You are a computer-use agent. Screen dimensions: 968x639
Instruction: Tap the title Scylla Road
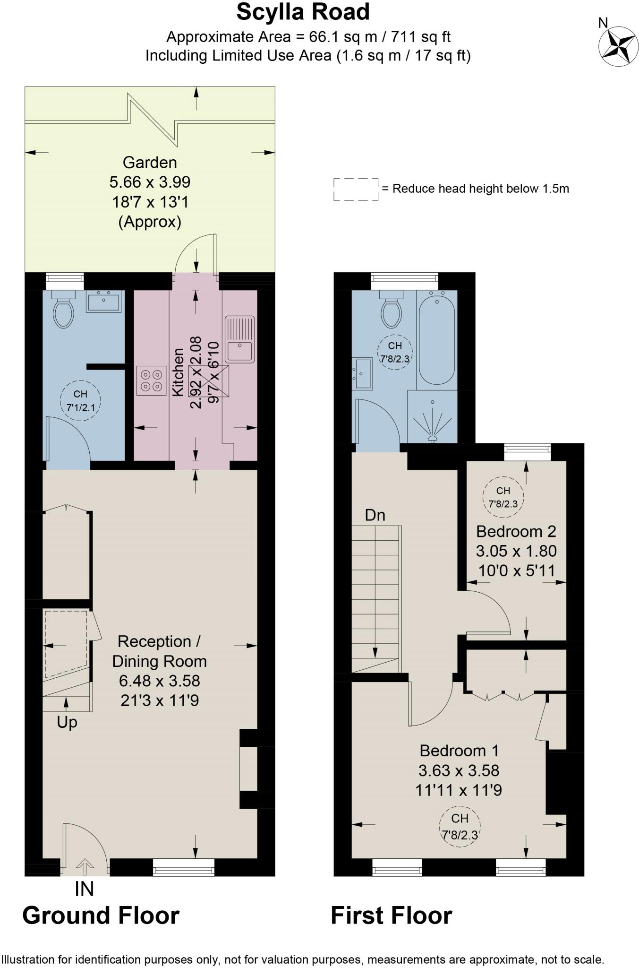pyautogui.click(x=303, y=12)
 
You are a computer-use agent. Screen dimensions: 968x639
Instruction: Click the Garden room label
pyautogui.click(x=150, y=163)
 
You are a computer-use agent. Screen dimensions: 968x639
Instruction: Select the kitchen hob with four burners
pyautogui.click(x=151, y=380)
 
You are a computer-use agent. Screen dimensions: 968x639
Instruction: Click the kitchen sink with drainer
pyautogui.click(x=240, y=338)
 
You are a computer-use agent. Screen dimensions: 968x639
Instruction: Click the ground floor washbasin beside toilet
pyautogui.click(x=103, y=302)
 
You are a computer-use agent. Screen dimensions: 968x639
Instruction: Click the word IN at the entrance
pyautogui.click(x=84, y=889)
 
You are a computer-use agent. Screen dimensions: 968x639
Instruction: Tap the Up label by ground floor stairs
pyautogui.click(x=67, y=722)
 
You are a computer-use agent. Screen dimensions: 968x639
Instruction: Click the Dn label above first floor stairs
pyautogui.click(x=375, y=515)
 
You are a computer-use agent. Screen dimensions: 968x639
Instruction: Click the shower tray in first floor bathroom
pyautogui.click(x=432, y=417)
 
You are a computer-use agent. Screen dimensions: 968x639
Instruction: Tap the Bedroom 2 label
pyautogui.click(x=516, y=531)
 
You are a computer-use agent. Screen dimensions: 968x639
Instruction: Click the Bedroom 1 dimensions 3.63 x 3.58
pyautogui.click(x=458, y=770)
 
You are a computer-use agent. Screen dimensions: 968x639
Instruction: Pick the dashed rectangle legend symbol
pyautogui.click(x=356, y=189)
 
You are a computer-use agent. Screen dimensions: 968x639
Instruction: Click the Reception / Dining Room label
pyautogui.click(x=159, y=651)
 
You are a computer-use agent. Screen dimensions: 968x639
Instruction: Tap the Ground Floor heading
pyautogui.click(x=101, y=916)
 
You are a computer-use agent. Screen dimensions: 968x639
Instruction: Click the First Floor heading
pyautogui.click(x=391, y=916)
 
